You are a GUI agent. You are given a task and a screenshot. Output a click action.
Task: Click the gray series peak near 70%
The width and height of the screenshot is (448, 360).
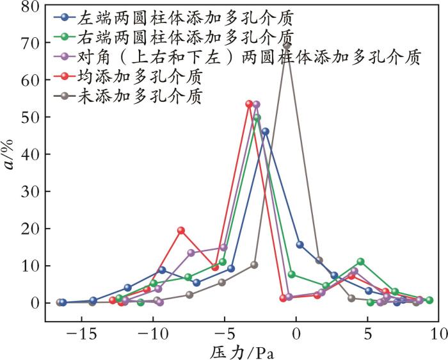[287, 45]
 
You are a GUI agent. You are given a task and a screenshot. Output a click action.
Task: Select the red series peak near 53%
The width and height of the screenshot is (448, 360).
[249, 104]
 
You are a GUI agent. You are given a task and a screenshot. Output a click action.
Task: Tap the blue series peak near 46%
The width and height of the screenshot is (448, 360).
[265, 131]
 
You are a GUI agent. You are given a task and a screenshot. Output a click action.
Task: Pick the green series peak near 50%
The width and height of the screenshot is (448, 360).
[257, 118]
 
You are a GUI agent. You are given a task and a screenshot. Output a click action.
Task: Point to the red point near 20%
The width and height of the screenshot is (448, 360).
[181, 230]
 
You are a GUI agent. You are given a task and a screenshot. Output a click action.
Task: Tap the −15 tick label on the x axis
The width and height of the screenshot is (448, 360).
[82, 334]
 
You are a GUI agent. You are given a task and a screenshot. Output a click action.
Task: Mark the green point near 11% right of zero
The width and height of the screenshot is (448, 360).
[361, 261]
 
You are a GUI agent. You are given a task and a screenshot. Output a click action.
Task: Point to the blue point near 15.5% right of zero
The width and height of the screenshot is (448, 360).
[300, 244]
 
